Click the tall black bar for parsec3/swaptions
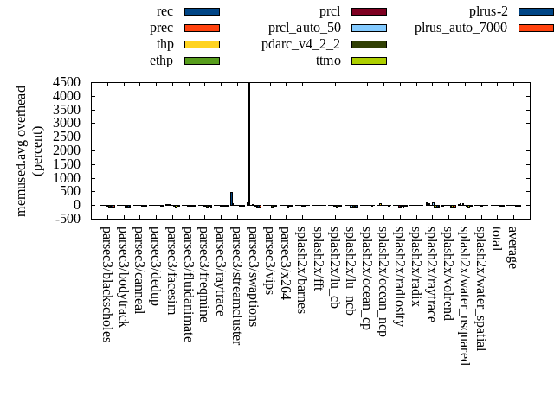[x=250, y=143]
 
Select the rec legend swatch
[x=202, y=11]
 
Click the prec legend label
[x=161, y=28]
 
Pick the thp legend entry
[x=164, y=44]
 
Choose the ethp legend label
[x=161, y=61]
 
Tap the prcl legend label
[x=330, y=11]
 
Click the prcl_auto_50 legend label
[x=304, y=28]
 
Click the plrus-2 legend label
[x=488, y=11]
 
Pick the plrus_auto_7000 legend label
[x=461, y=28]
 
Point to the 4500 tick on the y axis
[x=67, y=82]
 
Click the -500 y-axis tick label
[x=67, y=219]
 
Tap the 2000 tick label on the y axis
[x=67, y=150]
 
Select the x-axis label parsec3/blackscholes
[x=106, y=284]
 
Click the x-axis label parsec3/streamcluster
[x=236, y=285]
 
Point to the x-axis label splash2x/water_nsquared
[x=465, y=295]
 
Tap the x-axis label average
[x=513, y=248]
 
